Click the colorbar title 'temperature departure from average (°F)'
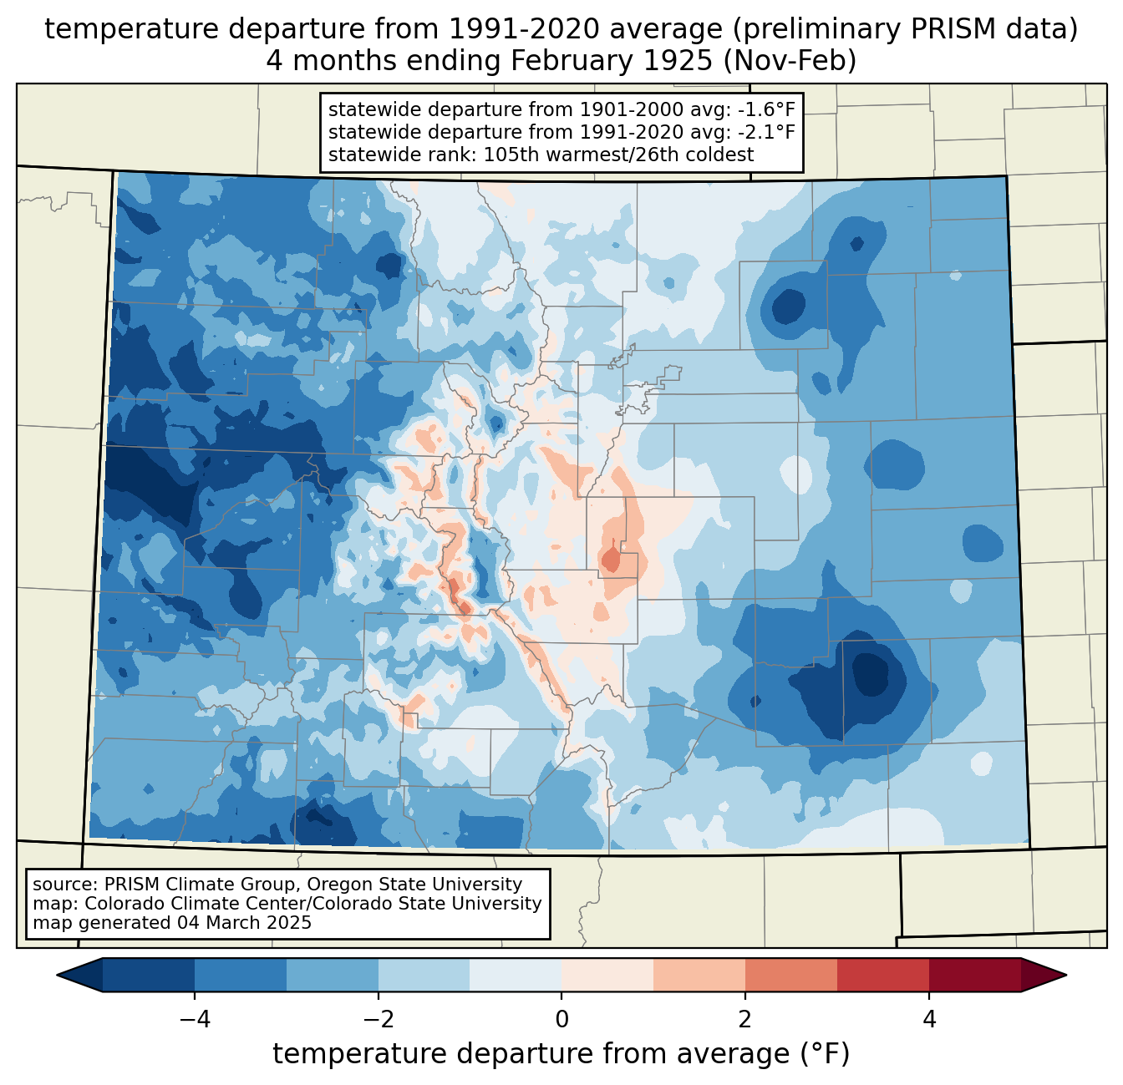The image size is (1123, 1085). [561, 1054]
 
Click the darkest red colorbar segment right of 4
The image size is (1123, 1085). [975, 975]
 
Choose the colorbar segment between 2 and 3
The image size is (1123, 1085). [791, 975]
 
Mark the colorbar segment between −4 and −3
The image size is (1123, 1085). [241, 975]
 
